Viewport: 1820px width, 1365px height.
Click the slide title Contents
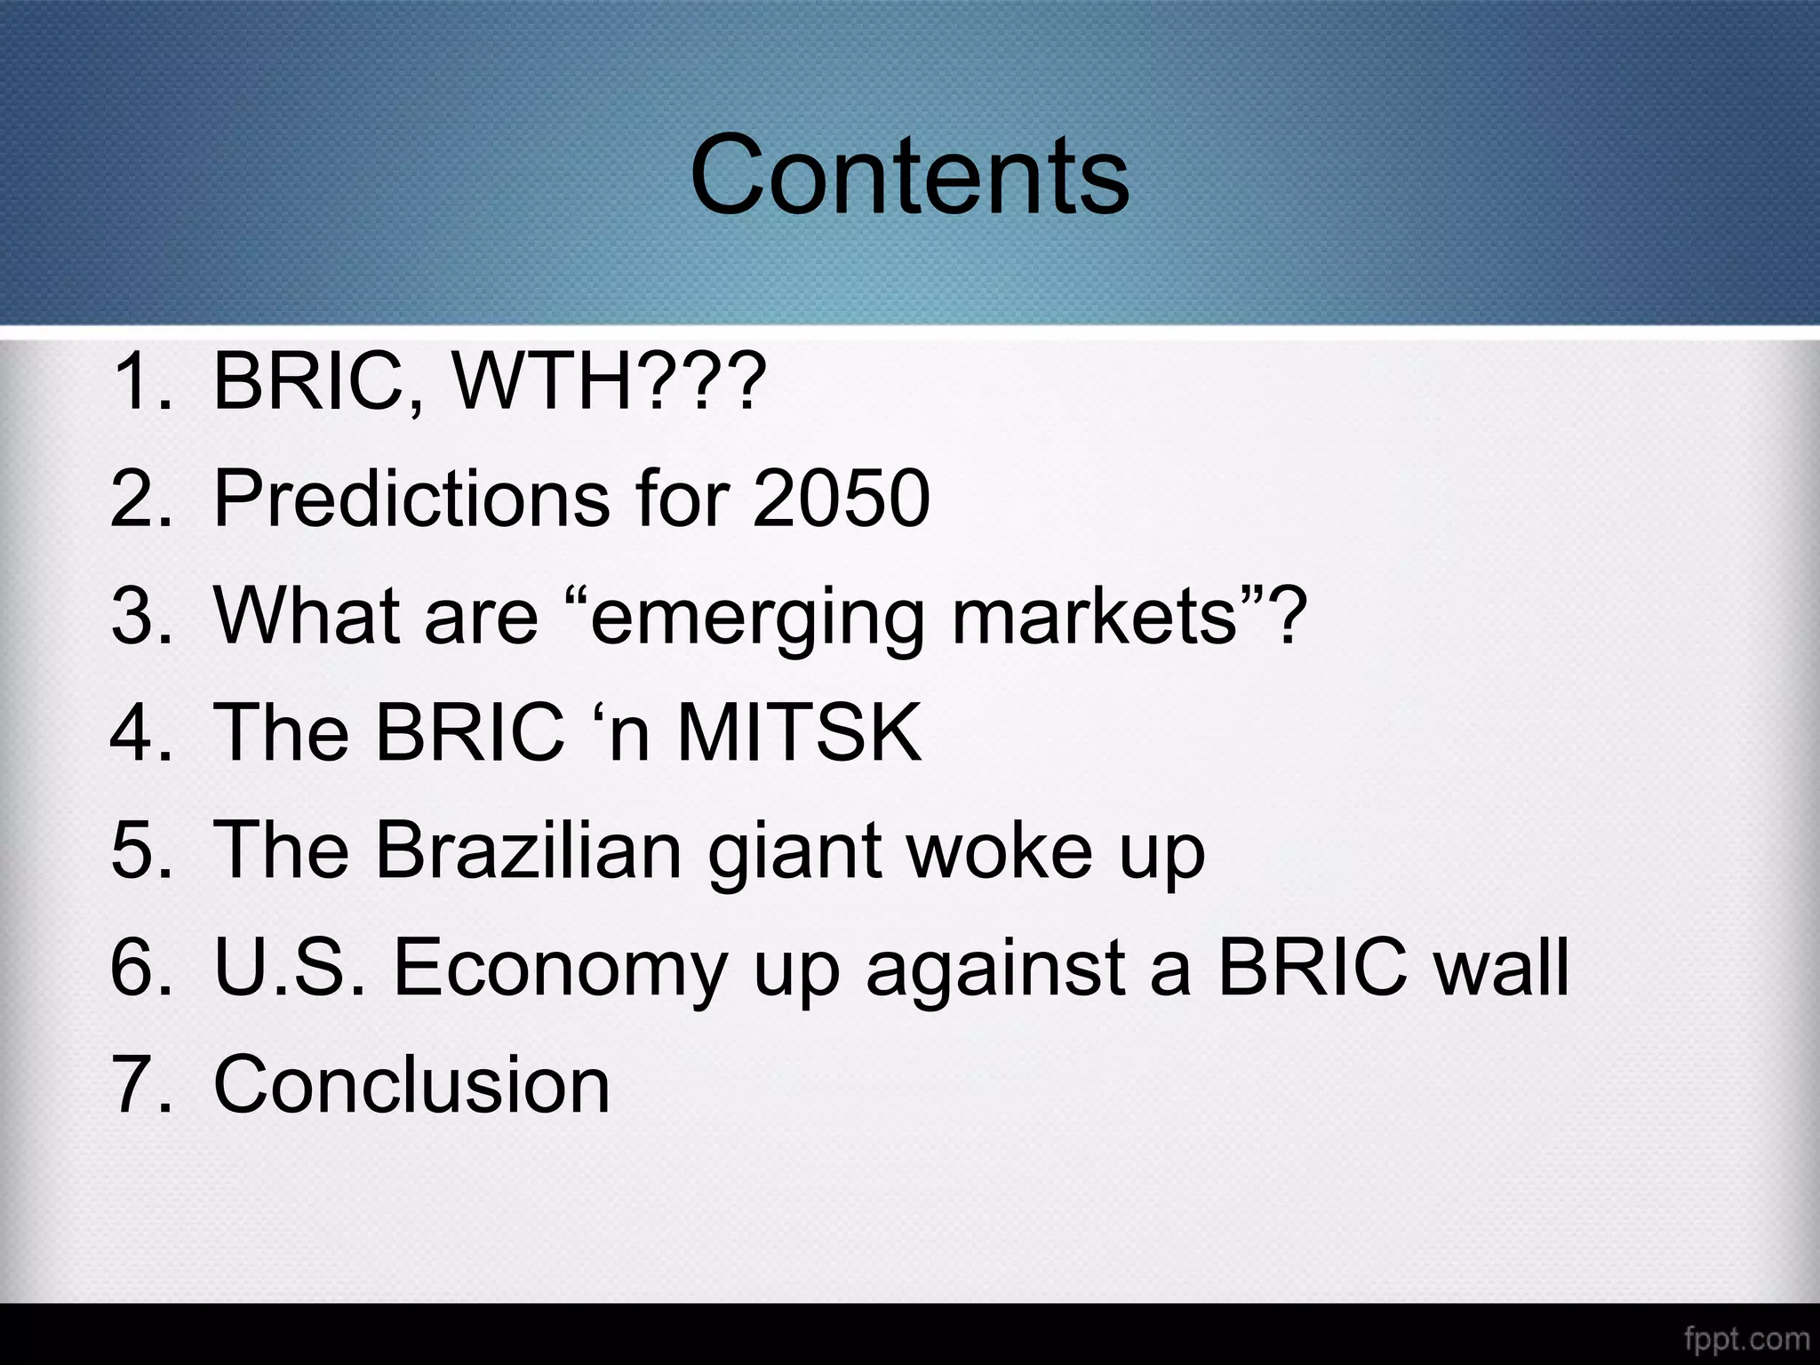909,175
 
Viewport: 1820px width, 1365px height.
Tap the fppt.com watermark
1746,1338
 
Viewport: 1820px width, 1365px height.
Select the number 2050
841,499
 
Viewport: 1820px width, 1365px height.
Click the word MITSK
799,733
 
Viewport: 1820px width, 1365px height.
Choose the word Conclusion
411,1084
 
